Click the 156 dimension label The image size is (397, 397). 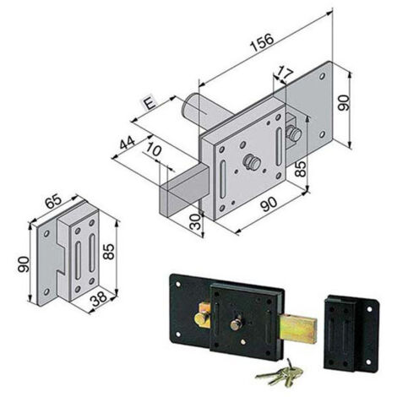pos(263,42)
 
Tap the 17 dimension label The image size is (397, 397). pos(284,73)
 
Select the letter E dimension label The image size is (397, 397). pos(150,104)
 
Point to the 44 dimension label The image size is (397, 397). pos(128,143)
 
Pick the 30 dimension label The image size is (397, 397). pos(196,221)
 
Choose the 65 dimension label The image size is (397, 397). pos(53,201)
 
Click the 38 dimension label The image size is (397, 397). pos(99,300)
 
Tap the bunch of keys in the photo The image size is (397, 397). pos(280,373)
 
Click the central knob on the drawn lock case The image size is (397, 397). pos(251,162)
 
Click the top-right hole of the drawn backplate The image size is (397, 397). pos(322,76)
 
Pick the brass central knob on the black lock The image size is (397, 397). pos(236,324)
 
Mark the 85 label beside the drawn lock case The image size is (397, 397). pos(301,169)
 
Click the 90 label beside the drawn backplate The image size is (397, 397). pos(343,103)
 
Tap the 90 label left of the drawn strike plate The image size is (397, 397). pos(24,264)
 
